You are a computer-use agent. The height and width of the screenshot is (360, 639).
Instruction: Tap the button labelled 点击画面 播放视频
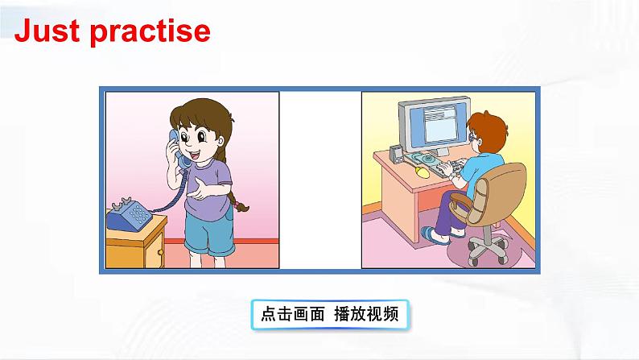(329, 313)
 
